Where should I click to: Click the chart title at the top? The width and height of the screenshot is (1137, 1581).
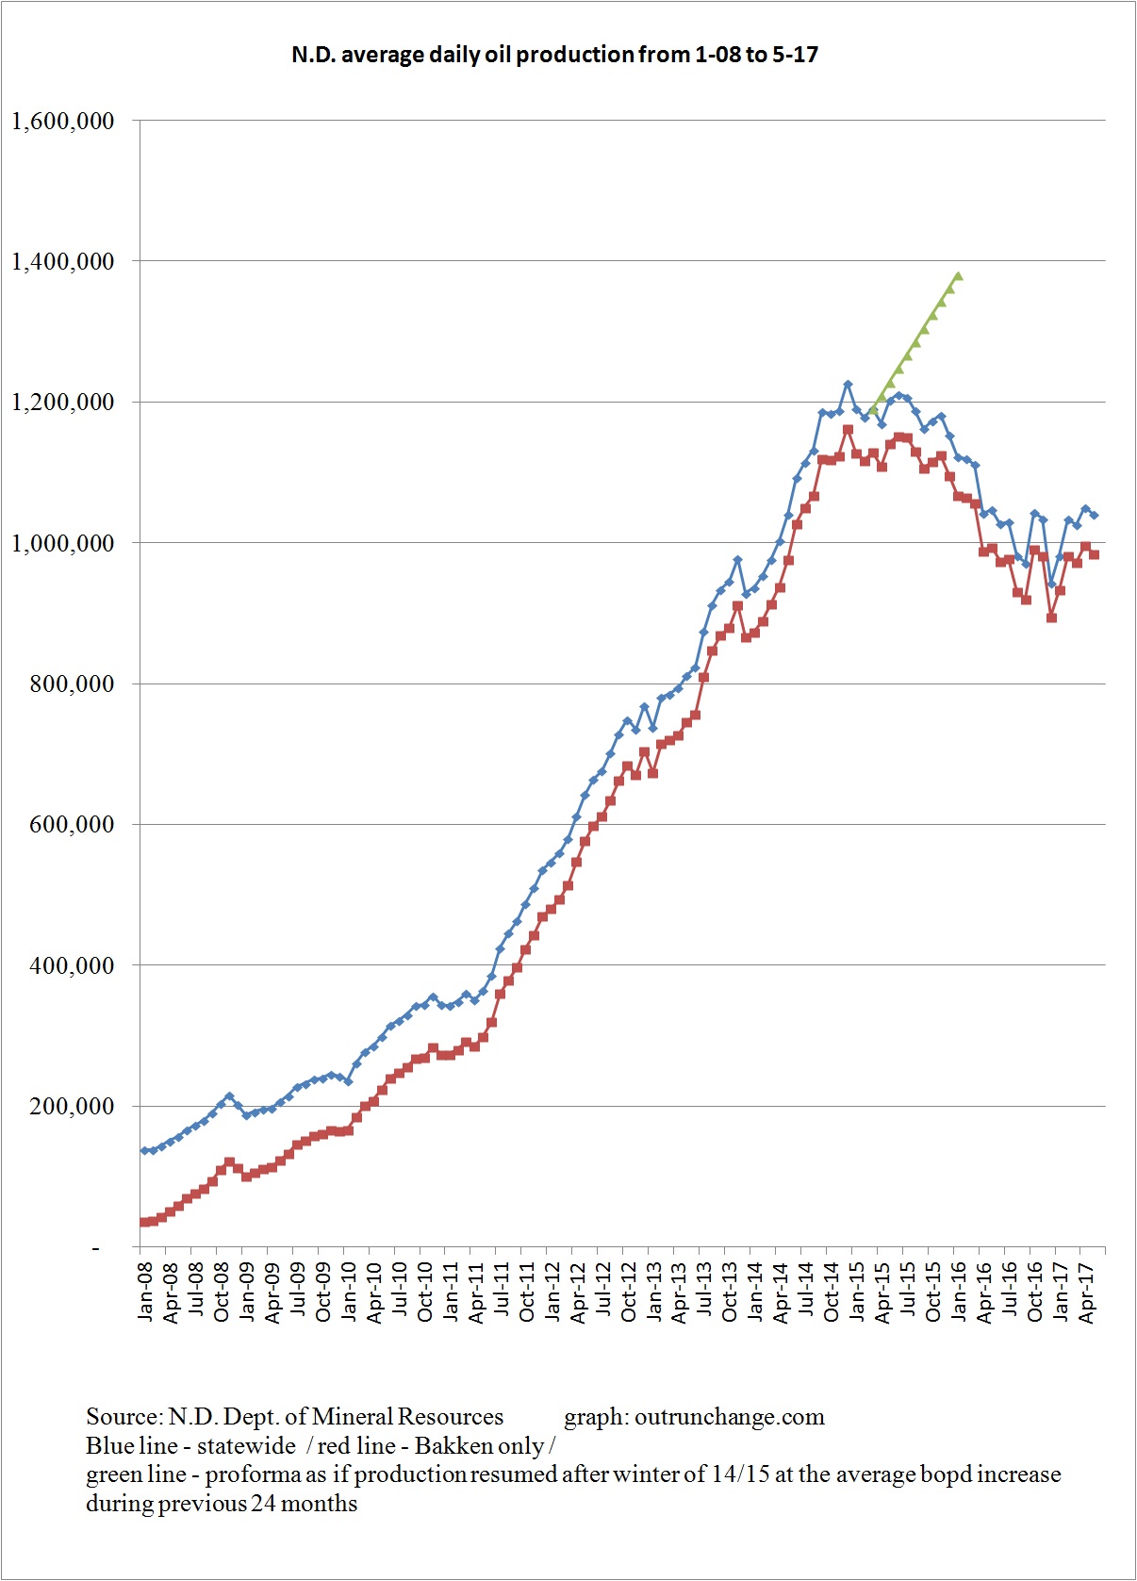coord(554,55)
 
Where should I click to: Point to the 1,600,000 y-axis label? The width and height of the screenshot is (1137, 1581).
coord(62,121)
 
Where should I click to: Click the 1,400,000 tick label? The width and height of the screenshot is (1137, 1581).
coord(62,261)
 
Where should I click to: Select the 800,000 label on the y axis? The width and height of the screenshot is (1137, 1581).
coord(72,683)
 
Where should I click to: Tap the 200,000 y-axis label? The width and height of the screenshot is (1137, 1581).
coord(72,1106)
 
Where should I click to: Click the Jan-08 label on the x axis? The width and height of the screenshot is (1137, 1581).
coord(145,1293)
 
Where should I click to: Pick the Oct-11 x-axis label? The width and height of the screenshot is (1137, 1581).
coord(527,1293)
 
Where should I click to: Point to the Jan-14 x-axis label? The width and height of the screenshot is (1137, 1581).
coord(756,1293)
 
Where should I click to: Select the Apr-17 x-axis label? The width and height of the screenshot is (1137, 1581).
coord(1086,1293)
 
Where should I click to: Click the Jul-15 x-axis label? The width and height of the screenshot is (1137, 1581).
coord(909,1293)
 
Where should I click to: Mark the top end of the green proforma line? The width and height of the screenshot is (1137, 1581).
coord(958,276)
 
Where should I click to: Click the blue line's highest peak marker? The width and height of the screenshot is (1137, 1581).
coord(848,384)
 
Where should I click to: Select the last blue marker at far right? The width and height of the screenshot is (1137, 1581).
coord(1094,515)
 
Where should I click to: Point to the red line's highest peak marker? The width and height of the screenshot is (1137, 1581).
coord(848,430)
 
